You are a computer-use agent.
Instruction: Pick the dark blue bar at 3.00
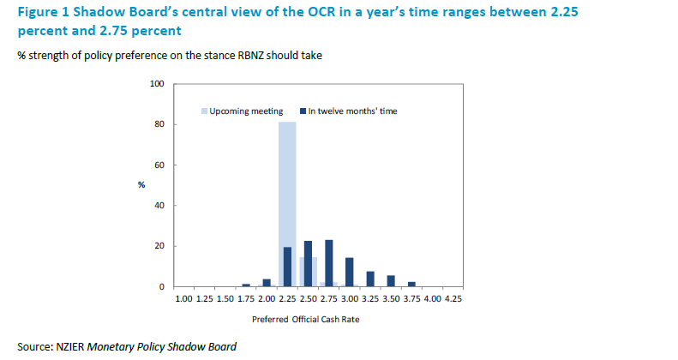350,272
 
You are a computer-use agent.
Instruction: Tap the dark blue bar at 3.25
370,279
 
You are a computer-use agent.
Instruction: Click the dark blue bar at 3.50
391,280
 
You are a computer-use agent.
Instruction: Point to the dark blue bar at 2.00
267,283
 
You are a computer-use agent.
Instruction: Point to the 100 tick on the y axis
157,84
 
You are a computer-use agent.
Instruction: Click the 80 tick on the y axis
159,124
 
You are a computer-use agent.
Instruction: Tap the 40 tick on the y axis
159,206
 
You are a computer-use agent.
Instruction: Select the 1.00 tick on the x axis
183,299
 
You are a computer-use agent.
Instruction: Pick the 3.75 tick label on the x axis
411,299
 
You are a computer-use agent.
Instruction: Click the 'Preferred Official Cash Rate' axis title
307,320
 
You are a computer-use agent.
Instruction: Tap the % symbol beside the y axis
141,185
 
